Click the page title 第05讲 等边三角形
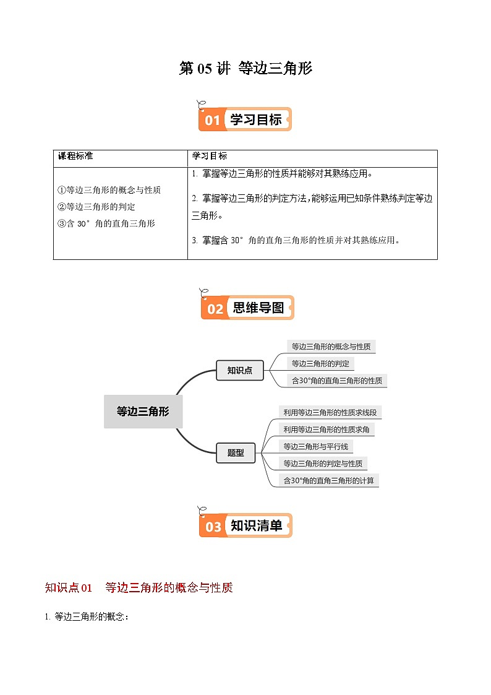(x=246, y=69)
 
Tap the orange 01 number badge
(x=212, y=120)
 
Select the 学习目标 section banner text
(x=255, y=120)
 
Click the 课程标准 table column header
(x=75, y=156)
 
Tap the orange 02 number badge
(x=215, y=308)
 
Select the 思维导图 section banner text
(x=258, y=308)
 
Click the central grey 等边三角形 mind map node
(x=143, y=411)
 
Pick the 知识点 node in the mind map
(x=239, y=370)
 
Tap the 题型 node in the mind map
(x=236, y=453)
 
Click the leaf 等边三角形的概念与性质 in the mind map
(x=331, y=347)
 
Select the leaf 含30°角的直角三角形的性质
(x=336, y=381)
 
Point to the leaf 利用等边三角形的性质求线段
(x=333, y=412)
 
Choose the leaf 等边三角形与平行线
(x=315, y=446)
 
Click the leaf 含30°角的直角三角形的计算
(x=328, y=480)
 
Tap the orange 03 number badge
(x=213, y=527)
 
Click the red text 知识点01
(x=69, y=588)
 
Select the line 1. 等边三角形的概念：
(x=87, y=616)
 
